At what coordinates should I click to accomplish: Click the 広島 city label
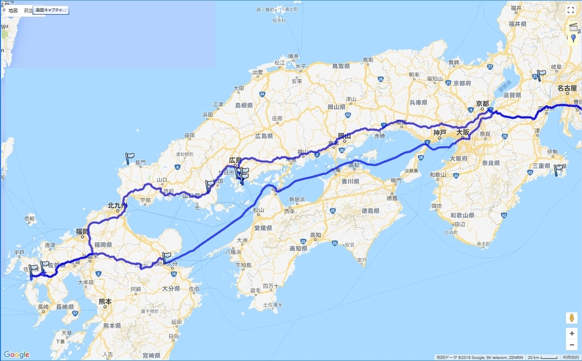click(235, 160)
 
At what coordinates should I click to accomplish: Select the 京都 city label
click(482, 103)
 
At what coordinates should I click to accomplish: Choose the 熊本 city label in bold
click(105, 301)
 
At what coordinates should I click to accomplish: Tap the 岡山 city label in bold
click(344, 136)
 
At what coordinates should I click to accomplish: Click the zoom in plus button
click(571, 333)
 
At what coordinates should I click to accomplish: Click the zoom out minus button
click(571, 345)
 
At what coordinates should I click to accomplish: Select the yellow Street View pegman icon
click(571, 317)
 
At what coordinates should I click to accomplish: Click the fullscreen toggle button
click(571, 10)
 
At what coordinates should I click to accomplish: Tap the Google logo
click(16, 355)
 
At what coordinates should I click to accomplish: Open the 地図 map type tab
click(13, 10)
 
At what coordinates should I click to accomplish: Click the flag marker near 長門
click(129, 158)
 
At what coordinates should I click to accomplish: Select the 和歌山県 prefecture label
click(462, 216)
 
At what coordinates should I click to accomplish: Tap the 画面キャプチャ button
click(51, 10)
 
